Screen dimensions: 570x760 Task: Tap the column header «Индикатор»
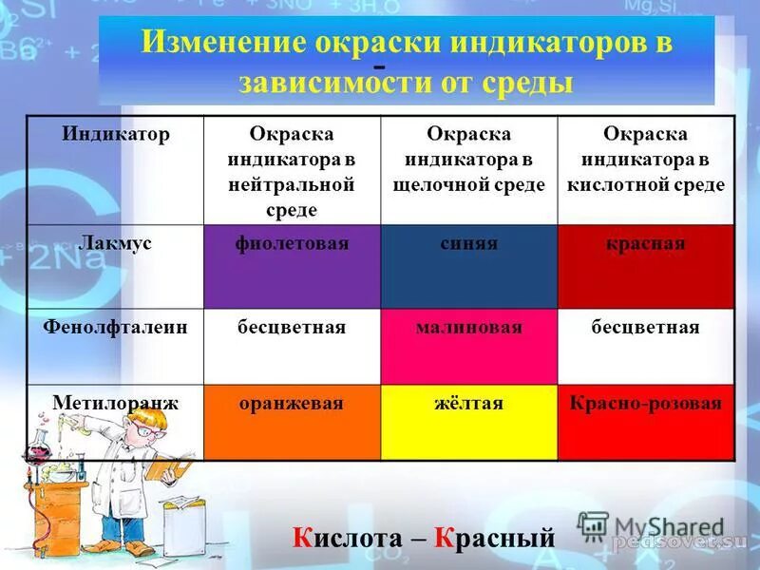click(x=116, y=135)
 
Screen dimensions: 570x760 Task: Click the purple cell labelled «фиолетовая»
click(x=293, y=266)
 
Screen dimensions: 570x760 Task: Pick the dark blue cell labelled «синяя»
click(x=469, y=266)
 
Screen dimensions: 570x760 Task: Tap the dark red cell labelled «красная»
click(x=646, y=266)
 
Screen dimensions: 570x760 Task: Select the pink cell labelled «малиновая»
click(x=469, y=346)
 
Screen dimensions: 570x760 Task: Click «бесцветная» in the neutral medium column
click(x=293, y=328)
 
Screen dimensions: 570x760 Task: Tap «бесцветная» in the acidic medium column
click(x=646, y=328)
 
